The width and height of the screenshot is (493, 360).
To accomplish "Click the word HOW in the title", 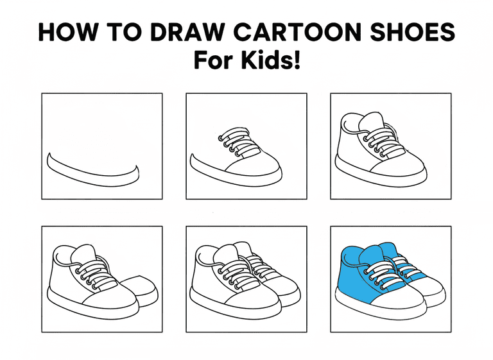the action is coord(66,32).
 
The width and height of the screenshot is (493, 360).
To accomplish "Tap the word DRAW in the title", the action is coord(187,32).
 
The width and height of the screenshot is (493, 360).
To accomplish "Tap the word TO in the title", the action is coord(123,32).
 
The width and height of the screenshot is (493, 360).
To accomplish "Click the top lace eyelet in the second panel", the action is coord(221,138).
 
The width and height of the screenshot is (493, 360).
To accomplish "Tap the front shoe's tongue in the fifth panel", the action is coord(227,253).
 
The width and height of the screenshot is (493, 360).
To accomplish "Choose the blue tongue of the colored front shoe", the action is coord(371,255).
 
